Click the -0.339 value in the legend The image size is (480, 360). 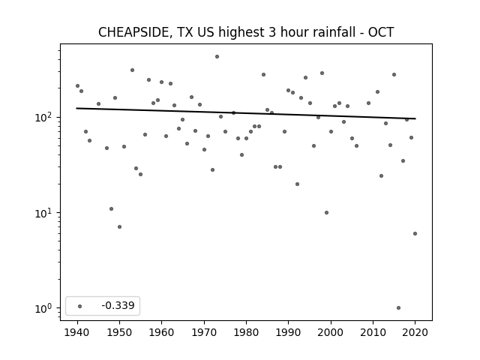tap(118, 305)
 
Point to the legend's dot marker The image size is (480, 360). tap(80, 306)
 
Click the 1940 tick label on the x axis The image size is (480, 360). tap(77, 332)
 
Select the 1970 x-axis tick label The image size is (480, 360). tap(204, 332)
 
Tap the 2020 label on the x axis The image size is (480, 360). tap(415, 332)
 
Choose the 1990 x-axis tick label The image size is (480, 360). tap(288, 332)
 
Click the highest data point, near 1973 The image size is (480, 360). tap(217, 57)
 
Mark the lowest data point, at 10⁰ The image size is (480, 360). tap(398, 308)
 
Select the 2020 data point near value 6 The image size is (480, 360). tap(415, 233)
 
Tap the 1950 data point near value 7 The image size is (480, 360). tap(119, 226)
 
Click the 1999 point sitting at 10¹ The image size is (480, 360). tap(327, 213)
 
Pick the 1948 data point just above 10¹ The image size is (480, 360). tap(111, 208)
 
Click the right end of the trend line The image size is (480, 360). tap(415, 118)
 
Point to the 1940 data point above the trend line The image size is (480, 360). tap(77, 86)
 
